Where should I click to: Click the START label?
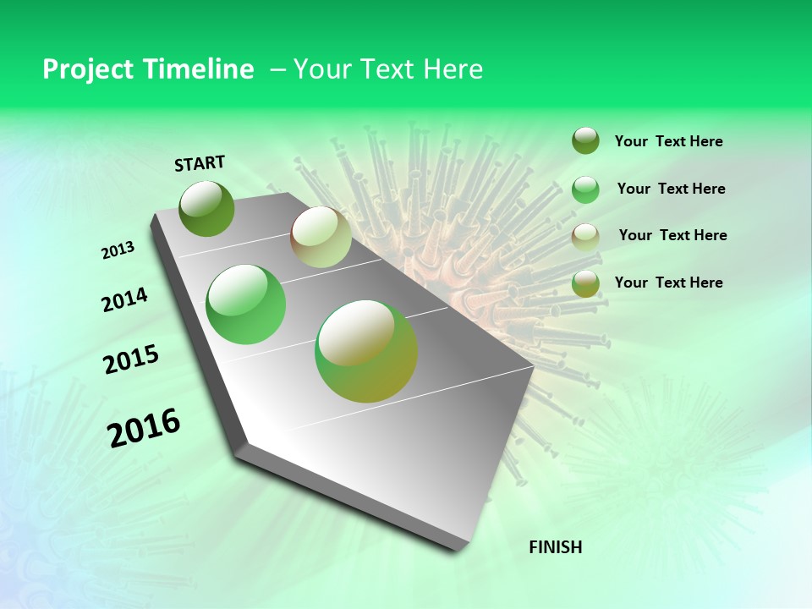click(200, 163)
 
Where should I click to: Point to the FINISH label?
click(556, 547)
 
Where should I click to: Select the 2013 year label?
click(118, 250)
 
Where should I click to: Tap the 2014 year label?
click(125, 300)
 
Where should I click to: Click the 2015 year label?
click(131, 360)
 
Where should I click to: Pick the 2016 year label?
click(144, 428)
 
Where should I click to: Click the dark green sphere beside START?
click(207, 208)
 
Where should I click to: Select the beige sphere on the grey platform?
click(321, 237)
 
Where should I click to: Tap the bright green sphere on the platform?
click(246, 304)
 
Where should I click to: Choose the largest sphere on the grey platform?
click(366, 351)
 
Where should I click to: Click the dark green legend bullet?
click(585, 140)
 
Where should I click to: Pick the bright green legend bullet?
click(585, 189)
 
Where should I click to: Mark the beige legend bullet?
click(585, 237)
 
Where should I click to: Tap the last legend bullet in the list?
click(585, 284)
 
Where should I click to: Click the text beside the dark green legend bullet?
click(669, 142)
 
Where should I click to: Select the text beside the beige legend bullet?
click(673, 235)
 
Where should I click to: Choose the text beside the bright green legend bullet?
click(672, 189)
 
